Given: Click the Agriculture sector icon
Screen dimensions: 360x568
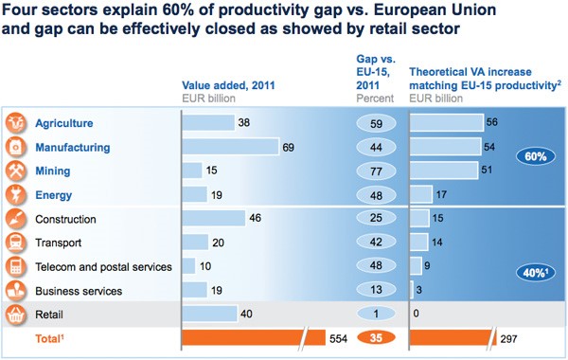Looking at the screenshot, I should point(15,123).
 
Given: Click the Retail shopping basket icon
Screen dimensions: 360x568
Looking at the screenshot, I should point(15,315).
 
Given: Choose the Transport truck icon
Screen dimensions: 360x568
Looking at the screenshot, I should point(15,243).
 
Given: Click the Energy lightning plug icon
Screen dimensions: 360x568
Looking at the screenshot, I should point(15,194).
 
